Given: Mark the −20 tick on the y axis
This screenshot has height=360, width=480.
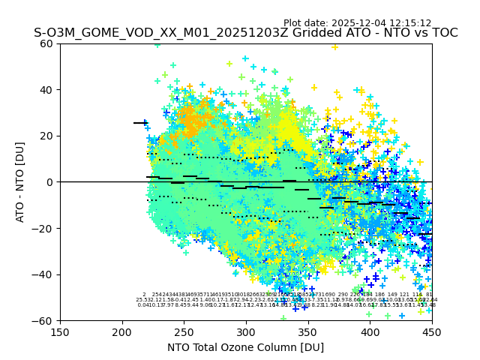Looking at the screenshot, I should pos(45,228).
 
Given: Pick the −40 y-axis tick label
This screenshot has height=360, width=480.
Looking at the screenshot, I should pos(45,274).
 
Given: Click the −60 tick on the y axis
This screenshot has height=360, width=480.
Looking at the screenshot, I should pos(45,320).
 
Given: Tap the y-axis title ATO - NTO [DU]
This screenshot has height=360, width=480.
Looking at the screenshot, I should pos(20,182).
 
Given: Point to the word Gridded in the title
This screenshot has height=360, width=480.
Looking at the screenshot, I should pos(315,33).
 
